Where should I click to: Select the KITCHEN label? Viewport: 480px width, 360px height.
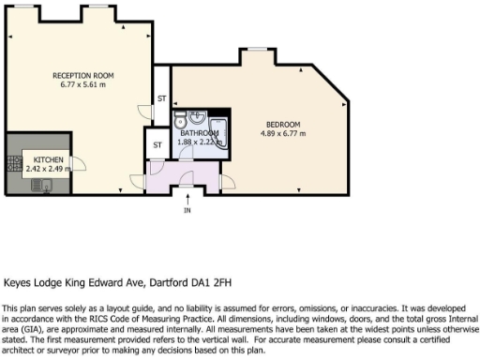pos(49,160)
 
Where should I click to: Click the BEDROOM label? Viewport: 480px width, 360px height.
pos(281,125)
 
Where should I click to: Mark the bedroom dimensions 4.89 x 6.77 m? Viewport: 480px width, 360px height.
pos(282,133)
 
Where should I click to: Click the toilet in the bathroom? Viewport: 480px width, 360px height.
pos(179,120)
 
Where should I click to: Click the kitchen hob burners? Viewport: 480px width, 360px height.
pos(14,164)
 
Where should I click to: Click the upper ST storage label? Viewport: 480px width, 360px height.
pos(160,98)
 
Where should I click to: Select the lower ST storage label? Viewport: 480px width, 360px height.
pos(157,145)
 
